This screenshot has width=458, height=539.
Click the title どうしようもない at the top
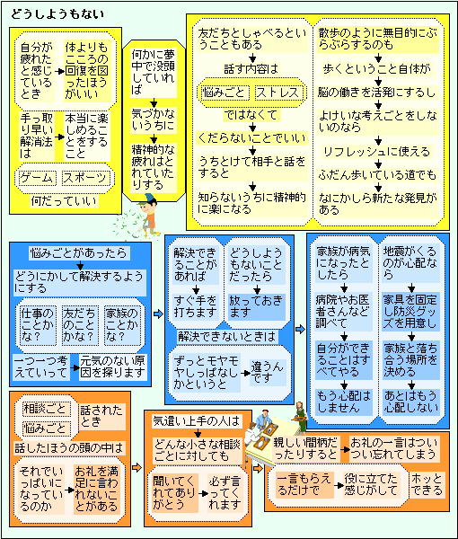tap(57, 14)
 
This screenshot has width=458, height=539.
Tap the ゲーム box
tap(37, 178)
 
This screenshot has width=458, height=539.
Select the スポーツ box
tap(86, 178)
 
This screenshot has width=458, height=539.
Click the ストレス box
tap(278, 93)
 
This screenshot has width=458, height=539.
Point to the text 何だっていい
tap(64, 200)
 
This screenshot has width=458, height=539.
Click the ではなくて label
tap(251, 115)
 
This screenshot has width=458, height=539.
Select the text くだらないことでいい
tap(251, 138)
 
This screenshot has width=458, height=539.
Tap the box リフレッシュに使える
tap(377, 152)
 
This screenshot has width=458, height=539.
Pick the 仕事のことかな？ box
tap(37, 325)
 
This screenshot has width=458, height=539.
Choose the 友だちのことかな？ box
tap(79, 325)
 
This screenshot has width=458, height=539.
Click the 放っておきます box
tap(256, 306)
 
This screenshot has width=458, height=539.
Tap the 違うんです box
tap(268, 372)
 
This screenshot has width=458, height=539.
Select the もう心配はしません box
tap(344, 402)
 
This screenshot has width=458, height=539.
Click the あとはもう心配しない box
tap(411, 402)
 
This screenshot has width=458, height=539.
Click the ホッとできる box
tap(427, 484)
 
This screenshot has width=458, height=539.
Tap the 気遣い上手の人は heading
tap(196, 420)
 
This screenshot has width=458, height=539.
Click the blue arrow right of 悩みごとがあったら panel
tap(158, 314)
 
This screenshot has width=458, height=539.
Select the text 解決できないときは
tap(227, 337)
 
